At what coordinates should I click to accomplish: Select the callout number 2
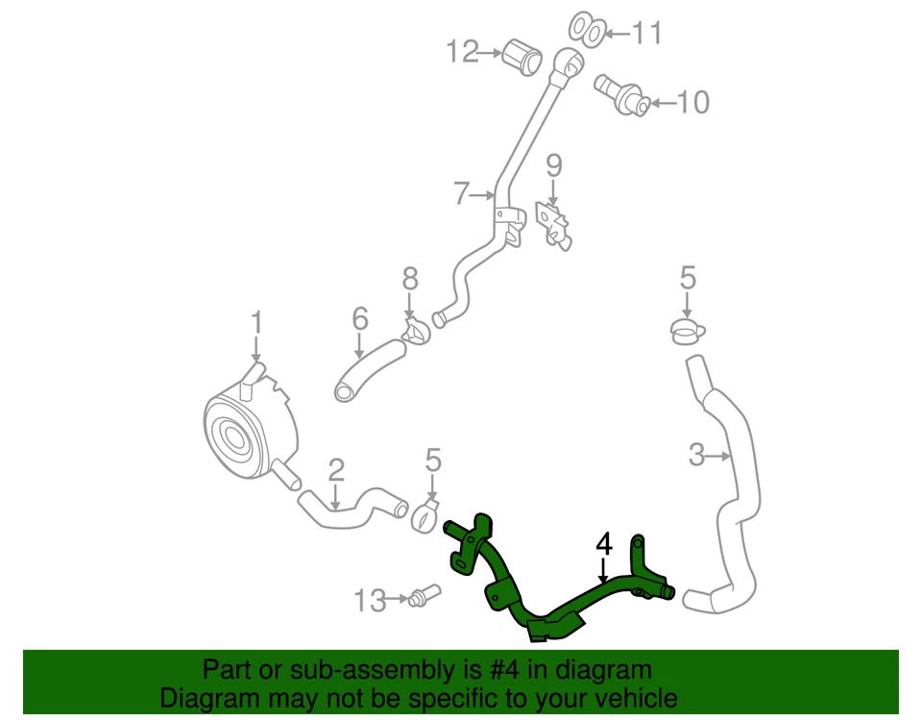click(x=335, y=470)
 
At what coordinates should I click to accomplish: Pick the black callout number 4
click(x=603, y=545)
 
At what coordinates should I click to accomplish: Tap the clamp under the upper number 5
click(x=686, y=333)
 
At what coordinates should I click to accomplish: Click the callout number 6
click(x=359, y=317)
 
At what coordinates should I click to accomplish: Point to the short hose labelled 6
click(x=369, y=367)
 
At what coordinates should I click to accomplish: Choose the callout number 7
click(x=463, y=195)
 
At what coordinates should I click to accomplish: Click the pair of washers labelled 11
click(x=585, y=30)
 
